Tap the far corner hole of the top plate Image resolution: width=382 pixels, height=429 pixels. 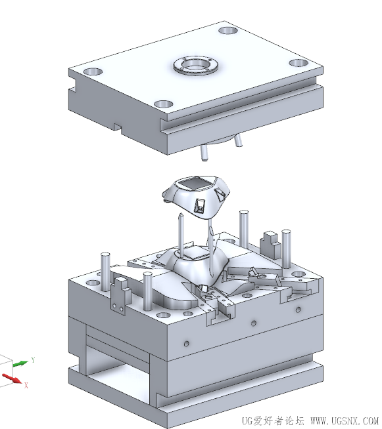228,30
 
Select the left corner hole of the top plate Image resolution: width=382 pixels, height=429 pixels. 93,72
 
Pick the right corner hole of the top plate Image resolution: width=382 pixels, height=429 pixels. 299,63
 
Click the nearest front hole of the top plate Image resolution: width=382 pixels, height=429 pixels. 164,104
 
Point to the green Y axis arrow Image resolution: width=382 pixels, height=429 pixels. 20,363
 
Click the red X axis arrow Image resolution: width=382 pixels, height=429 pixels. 12,378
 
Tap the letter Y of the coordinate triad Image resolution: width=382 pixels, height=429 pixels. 33,359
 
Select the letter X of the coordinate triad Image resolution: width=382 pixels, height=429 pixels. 26,386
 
